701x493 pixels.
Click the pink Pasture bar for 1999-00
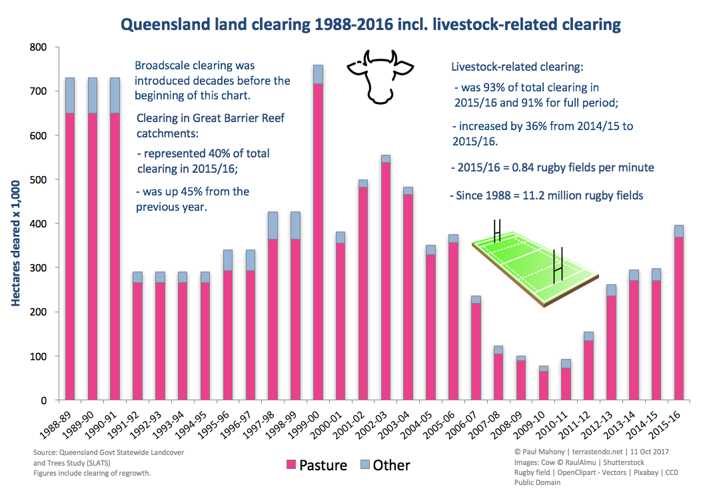coord(318,240)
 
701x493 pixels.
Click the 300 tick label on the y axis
coord(38,268)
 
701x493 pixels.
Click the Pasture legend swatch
coord(291,465)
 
